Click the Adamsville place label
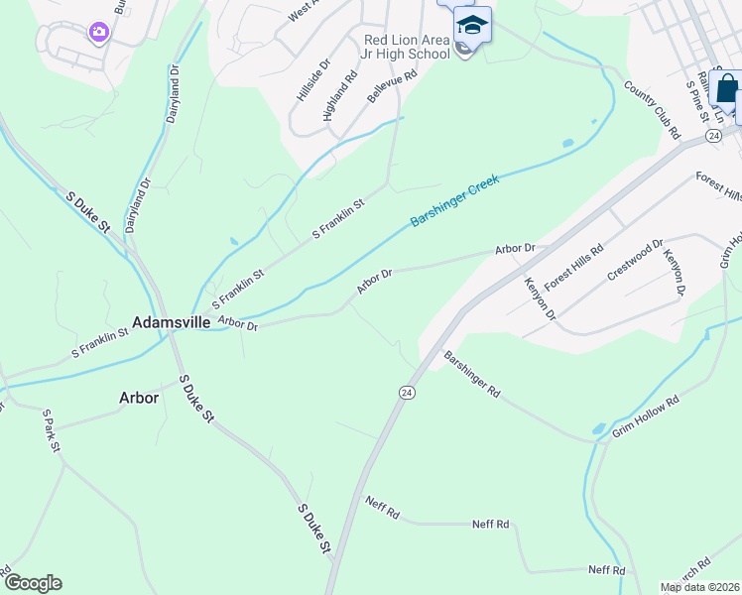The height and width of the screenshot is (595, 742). pos(171,322)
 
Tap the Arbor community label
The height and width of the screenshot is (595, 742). pos(139,397)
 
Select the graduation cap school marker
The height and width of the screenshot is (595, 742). pos(472,24)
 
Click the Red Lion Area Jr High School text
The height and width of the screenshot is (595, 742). pos(407,47)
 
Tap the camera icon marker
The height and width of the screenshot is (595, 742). pos(98,33)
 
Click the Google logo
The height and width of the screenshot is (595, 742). pos(32,583)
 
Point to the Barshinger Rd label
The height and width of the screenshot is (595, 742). pos(472,374)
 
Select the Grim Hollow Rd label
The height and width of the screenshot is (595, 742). pos(645,416)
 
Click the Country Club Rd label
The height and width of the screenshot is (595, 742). pos(652,110)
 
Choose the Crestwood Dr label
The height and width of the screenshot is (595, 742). pos(635,260)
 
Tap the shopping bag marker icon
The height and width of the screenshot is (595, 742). pos(727,89)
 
